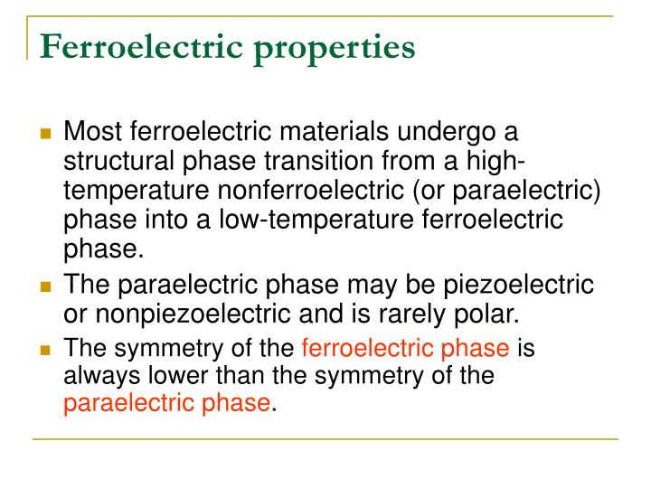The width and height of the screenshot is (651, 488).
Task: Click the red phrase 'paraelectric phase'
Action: click(x=166, y=404)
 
